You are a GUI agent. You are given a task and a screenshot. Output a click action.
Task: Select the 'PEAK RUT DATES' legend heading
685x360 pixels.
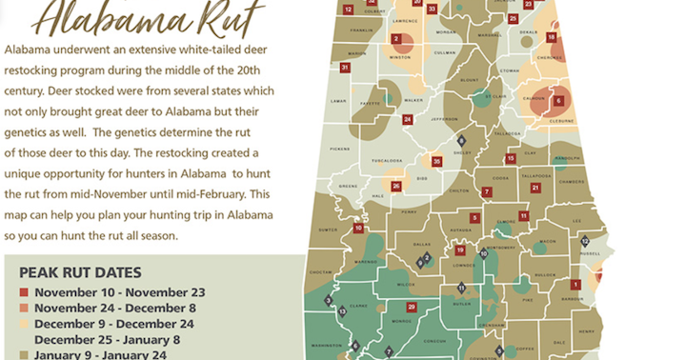click(80, 271)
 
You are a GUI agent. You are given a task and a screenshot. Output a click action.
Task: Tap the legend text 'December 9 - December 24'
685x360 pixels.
click(114, 324)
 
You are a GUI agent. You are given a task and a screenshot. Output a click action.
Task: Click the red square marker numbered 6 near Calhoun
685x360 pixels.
click(558, 100)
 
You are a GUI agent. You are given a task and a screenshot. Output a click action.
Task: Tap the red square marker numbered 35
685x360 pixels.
click(437, 162)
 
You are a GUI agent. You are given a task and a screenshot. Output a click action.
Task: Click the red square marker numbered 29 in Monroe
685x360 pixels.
click(412, 307)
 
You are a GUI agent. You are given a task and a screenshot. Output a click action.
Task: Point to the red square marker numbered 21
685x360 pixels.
click(536, 187)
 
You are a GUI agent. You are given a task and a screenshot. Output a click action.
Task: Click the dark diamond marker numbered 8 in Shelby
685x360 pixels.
click(460, 140)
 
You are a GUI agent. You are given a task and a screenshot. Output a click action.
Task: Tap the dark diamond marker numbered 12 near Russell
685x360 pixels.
click(585, 241)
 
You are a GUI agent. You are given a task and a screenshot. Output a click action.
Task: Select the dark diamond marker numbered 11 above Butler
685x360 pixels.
click(461, 287)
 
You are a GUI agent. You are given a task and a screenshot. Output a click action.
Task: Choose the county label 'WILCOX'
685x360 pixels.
click(405, 284)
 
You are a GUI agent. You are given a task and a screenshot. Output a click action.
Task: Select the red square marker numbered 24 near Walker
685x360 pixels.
click(407, 119)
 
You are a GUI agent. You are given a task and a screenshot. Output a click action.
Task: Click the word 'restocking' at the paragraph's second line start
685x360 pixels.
click(34, 70)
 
